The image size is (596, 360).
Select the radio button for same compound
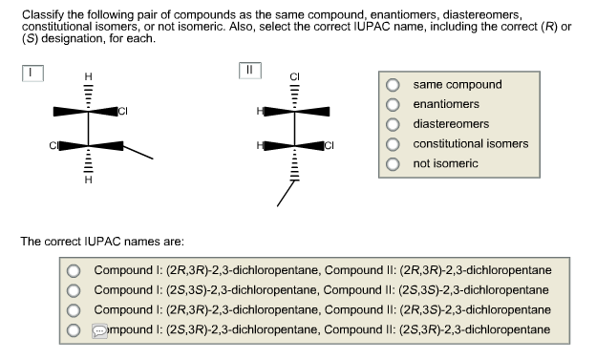393,84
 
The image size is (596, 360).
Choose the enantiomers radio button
393,104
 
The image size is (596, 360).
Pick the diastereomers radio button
393,124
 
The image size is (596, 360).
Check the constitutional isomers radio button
393,144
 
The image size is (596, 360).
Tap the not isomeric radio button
393,164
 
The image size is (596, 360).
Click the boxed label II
250,71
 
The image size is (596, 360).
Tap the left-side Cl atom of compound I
54,146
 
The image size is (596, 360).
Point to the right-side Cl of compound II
330,146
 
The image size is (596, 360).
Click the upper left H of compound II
258,112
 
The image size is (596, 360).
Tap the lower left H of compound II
258,146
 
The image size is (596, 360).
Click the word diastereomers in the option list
451,124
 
